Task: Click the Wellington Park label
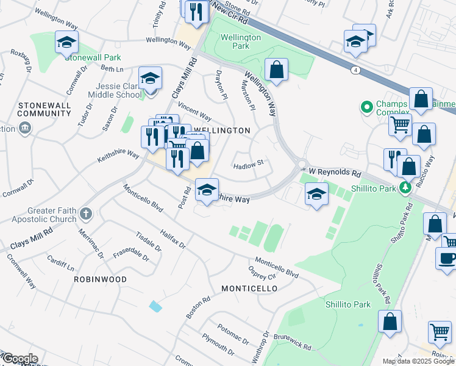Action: point(241,41)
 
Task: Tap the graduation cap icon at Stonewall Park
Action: point(67,43)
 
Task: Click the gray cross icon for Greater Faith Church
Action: point(86,214)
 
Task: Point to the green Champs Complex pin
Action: point(366,108)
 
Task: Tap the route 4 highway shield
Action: point(355,70)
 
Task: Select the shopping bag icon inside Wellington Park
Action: point(277,70)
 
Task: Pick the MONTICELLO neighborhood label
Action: point(249,288)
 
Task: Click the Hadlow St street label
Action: point(249,163)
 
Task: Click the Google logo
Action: point(20,359)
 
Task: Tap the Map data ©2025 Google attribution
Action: point(418,361)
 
